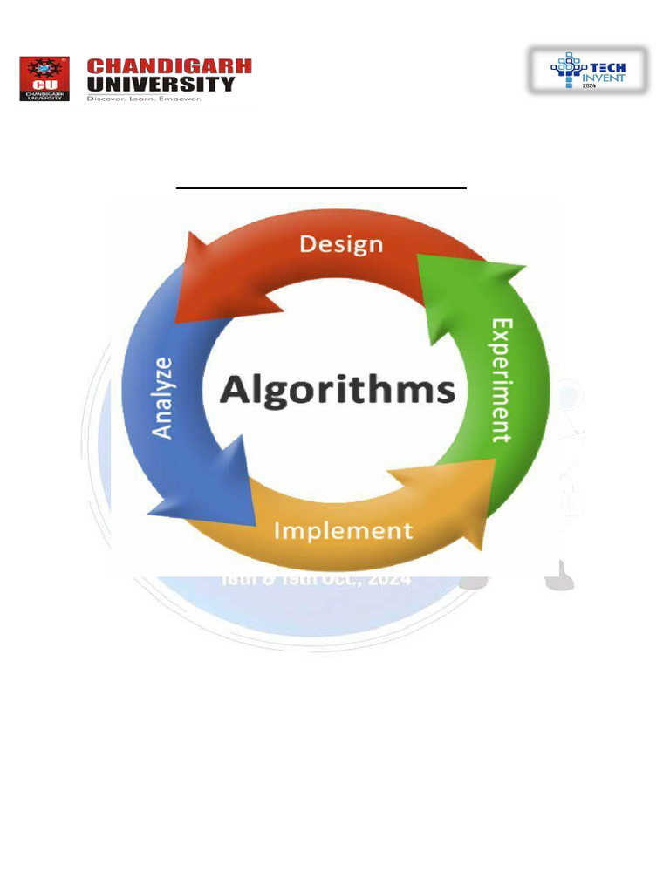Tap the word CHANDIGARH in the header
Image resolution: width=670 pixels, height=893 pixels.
coord(169,66)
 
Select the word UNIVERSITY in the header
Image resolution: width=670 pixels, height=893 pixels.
coord(161,84)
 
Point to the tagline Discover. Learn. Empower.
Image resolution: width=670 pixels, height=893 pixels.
coord(144,99)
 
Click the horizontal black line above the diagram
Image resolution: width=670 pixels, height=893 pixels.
coord(321,187)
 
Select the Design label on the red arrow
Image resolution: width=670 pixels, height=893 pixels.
coord(341,244)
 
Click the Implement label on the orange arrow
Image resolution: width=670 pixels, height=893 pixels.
coord(343,530)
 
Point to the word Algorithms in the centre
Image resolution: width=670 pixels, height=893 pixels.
coord(338,389)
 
